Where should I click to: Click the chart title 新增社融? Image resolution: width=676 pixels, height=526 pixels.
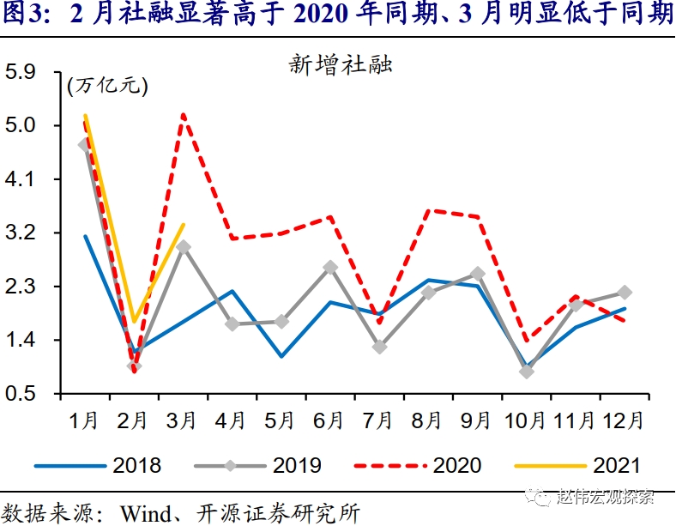tap(341, 65)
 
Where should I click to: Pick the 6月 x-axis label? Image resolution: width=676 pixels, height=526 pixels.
tap(329, 421)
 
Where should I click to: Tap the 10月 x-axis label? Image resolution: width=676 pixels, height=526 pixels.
tap(525, 421)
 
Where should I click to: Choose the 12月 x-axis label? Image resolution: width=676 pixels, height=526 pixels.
tap(624, 421)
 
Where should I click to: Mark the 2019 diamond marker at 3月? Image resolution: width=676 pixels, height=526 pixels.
tap(183, 247)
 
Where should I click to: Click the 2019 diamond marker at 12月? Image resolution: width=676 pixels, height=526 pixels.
tap(625, 293)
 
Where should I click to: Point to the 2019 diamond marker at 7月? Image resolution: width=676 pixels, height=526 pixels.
tap(379, 347)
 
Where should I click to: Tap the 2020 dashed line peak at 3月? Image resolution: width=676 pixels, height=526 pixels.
tap(184, 115)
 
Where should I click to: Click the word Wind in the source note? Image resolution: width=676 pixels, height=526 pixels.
tap(149, 513)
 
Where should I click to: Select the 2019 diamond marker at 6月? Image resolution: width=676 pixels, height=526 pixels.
tap(330, 268)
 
